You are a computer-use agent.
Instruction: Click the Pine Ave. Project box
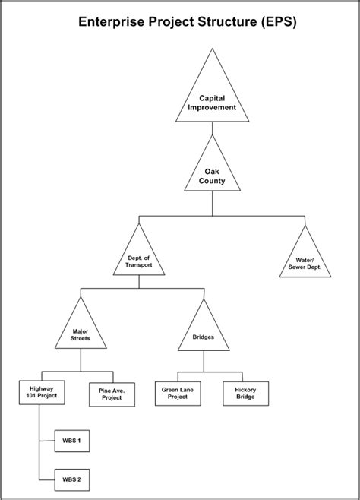pos(112,394)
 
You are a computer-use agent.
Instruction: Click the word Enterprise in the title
pos(117,24)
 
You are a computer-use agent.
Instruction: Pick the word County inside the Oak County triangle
pos(213,182)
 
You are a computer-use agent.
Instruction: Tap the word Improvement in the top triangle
pos(213,108)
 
